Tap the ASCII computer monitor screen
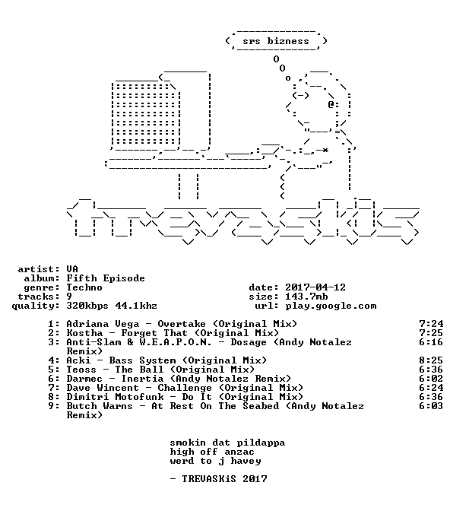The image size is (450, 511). click(146, 114)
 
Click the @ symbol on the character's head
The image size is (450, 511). click(331, 105)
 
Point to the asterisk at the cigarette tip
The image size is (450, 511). click(325, 151)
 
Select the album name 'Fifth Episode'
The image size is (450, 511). click(106, 278)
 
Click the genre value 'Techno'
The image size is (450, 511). click(84, 287)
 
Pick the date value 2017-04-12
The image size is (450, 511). click(315, 287)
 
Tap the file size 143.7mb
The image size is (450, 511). click(306, 297)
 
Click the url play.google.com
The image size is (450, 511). click(331, 306)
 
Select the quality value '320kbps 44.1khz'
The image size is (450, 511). click(112, 306)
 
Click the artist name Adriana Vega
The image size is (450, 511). click(103, 324)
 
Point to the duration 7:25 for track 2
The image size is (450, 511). click(431, 333)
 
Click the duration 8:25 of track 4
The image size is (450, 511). click(431, 360)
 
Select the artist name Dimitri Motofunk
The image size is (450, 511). click(115, 397)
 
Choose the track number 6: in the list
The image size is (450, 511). click(54, 379)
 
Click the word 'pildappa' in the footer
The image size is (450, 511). click(261, 443)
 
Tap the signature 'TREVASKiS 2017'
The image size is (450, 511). click(224, 479)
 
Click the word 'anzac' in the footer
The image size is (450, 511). click(239, 452)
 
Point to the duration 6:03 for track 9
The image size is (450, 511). click(431, 406)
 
